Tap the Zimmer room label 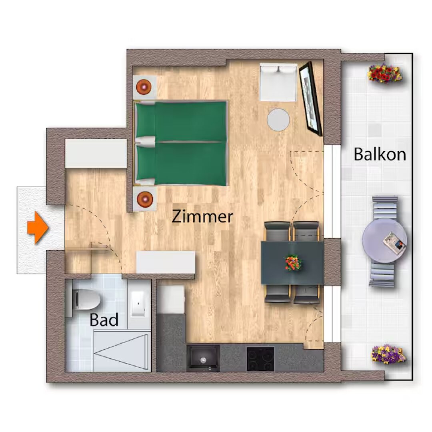(202, 216)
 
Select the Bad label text (104, 320)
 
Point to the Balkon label (380, 154)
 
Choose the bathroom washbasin (138, 304)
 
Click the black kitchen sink (203, 358)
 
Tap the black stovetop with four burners (260, 359)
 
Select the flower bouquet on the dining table (293, 262)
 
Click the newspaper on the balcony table (394, 243)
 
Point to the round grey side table (278, 120)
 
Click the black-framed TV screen (310, 99)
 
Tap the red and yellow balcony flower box (385, 73)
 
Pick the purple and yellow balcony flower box (388, 354)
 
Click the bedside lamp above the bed (144, 87)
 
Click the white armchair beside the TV (278, 82)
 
